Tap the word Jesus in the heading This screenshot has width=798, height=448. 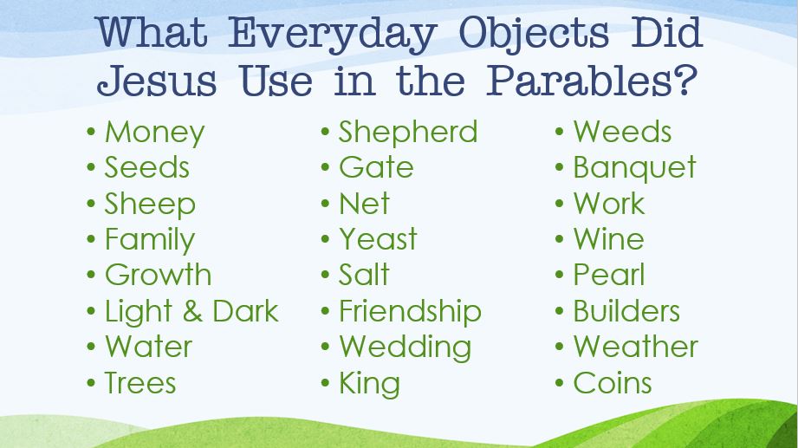pyautogui.click(x=157, y=81)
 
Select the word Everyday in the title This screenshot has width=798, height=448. pyautogui.click(x=333, y=35)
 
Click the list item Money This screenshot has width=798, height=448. pyautogui.click(x=155, y=133)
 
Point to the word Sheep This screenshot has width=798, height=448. pyautogui.click(x=150, y=205)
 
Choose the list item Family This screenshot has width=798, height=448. pyautogui.click(x=150, y=240)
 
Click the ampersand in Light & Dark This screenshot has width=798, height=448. pyautogui.click(x=192, y=311)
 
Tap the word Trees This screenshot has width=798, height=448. pyautogui.click(x=140, y=383)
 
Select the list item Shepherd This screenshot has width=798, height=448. pyautogui.click(x=408, y=132)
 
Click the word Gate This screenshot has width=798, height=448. pyautogui.click(x=376, y=167)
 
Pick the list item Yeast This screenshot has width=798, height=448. pyautogui.click(x=378, y=239)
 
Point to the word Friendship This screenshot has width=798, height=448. pyautogui.click(x=410, y=311)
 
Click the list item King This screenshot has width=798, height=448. pyautogui.click(x=369, y=384)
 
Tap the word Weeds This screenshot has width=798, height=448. pyautogui.click(x=622, y=132)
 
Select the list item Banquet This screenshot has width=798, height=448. pyautogui.click(x=634, y=168)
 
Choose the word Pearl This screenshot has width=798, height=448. pyautogui.click(x=608, y=275)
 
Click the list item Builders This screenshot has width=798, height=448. pyautogui.click(x=626, y=311)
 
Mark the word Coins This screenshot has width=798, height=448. pyautogui.click(x=613, y=383)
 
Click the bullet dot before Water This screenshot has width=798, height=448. pyautogui.click(x=91, y=347)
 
